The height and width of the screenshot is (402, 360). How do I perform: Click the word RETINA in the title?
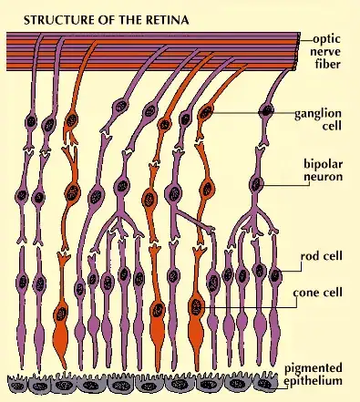pyautogui.click(x=139, y=17)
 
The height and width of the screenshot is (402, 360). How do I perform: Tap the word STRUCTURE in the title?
pyautogui.click(x=45, y=17)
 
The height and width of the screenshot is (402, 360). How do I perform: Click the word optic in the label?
pyautogui.click(x=328, y=39)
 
